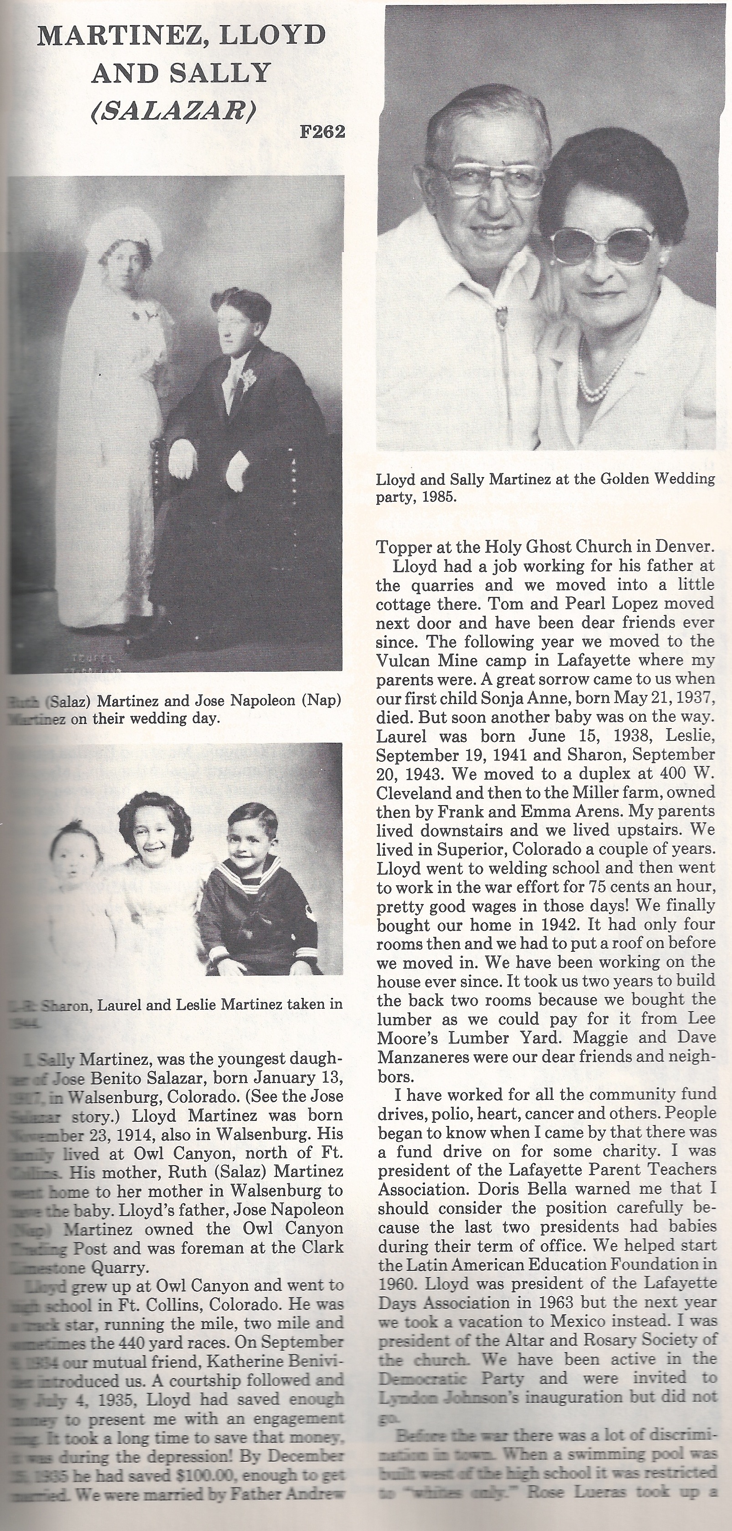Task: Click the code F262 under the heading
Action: click(x=322, y=131)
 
